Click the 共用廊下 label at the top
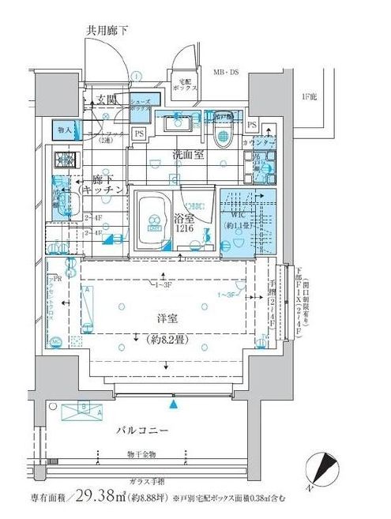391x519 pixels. coord(108,30)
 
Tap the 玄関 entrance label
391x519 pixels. coord(107,100)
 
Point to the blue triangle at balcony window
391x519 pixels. coord(174,404)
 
